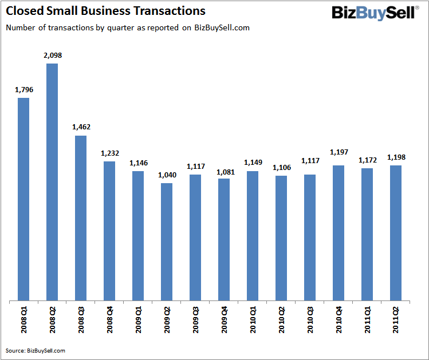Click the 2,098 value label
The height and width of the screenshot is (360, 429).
pos(52,56)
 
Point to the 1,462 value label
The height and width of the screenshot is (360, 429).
pos(81,127)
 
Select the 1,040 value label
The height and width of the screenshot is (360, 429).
pos(167,175)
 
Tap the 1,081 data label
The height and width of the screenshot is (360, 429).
pos(224,171)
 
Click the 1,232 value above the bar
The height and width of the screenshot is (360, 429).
pos(109,153)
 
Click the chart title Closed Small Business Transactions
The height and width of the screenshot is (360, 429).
pos(105,11)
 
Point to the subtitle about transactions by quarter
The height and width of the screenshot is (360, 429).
pos(127,27)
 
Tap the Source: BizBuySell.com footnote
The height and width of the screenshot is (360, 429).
pos(35,350)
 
